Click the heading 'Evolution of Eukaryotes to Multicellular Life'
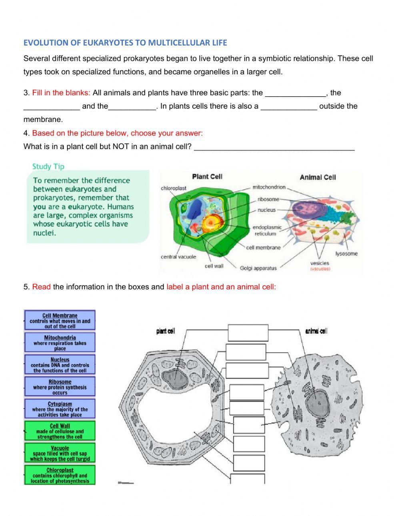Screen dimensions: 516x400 click(x=125, y=42)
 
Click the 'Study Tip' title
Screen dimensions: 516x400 click(x=48, y=166)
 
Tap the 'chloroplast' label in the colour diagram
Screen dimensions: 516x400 click(x=174, y=188)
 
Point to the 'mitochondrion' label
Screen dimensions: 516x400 click(x=269, y=187)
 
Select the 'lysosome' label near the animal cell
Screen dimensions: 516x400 click(x=346, y=253)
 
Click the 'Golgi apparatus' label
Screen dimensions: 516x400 click(x=258, y=268)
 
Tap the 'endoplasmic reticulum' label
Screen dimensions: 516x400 click(x=267, y=230)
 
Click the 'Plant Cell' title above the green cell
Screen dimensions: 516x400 click(x=207, y=177)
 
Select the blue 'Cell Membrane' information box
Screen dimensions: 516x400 click(x=60, y=320)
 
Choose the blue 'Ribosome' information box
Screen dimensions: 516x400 click(x=60, y=387)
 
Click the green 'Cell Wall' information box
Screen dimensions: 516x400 click(x=60, y=431)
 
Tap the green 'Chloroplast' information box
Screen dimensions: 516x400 click(x=60, y=475)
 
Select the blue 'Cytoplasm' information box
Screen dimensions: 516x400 click(x=60, y=409)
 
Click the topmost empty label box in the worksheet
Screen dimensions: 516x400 click(x=248, y=333)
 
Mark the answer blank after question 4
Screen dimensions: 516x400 click(x=274, y=147)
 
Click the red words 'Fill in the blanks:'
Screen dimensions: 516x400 click(x=61, y=93)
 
